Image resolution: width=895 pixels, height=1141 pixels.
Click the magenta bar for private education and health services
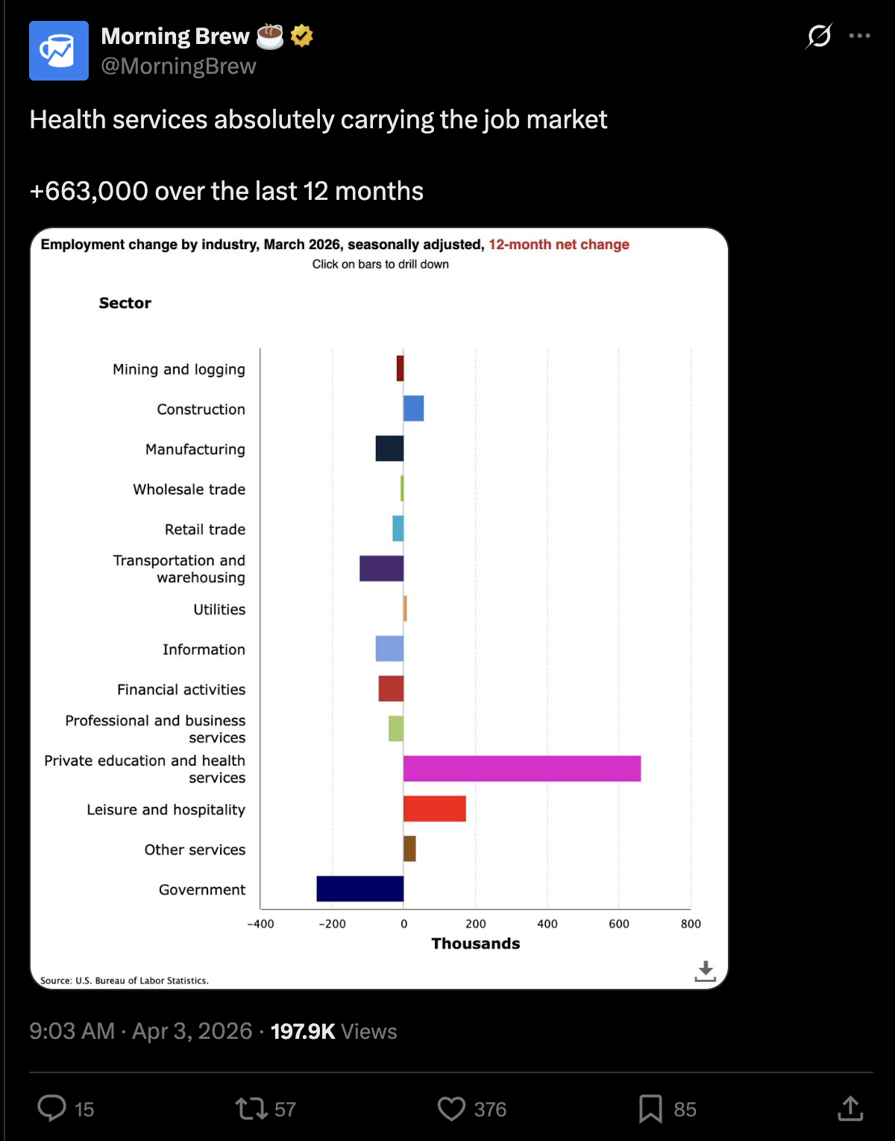pos(521,769)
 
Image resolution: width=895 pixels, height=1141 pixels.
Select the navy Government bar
pos(359,889)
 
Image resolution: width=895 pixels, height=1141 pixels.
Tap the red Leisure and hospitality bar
pos(434,809)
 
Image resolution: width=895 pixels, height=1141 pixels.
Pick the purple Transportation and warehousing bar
pos(381,568)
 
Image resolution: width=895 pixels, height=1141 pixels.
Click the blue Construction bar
pos(413,409)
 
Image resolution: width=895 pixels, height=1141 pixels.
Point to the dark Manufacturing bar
pos(389,448)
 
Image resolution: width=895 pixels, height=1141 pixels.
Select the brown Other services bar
pos(409,849)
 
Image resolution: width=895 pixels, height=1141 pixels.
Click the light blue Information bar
pos(389,649)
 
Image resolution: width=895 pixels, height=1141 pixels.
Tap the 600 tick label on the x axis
pos(619,924)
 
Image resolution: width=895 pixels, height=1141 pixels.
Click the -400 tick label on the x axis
pos(260,924)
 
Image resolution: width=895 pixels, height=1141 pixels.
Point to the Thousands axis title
pos(476,943)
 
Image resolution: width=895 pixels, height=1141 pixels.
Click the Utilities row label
pos(219,609)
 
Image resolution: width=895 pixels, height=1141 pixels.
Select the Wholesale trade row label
pos(189,489)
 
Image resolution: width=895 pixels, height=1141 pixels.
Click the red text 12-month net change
pos(559,245)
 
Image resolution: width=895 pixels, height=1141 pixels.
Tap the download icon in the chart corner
pos(705,971)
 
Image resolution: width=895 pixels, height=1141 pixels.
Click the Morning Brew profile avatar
pos(59,51)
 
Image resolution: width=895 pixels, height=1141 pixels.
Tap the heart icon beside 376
pos(451,1109)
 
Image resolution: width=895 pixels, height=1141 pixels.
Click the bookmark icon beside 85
pos(650,1109)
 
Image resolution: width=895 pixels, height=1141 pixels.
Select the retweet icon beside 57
pos(251,1109)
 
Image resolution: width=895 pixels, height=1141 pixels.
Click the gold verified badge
pos(301,35)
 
